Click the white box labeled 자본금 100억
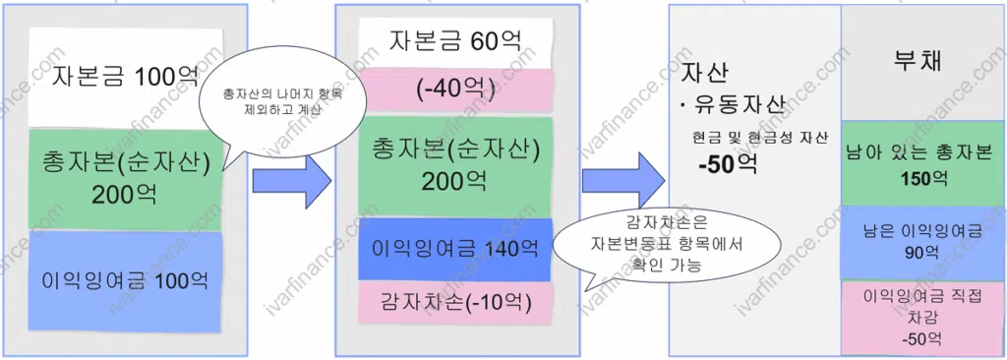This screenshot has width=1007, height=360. tap(125, 77)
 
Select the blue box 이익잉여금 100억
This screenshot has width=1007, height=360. tap(125, 279)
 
